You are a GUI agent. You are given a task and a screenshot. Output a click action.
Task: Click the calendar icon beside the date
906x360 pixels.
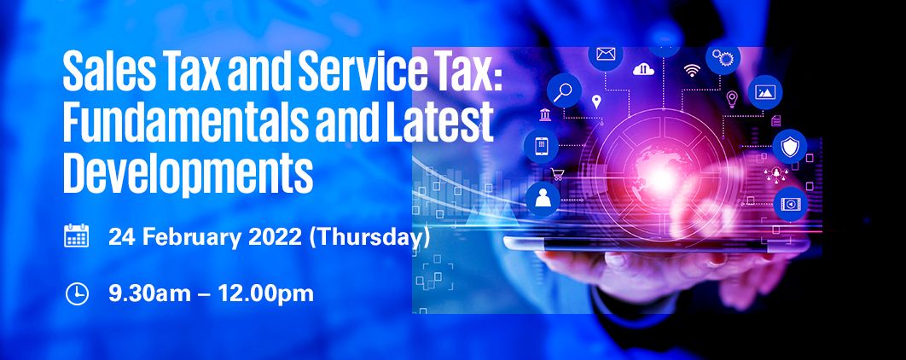pyautogui.click(x=76, y=235)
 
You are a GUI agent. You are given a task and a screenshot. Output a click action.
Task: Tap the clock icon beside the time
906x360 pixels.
pyautogui.click(x=77, y=293)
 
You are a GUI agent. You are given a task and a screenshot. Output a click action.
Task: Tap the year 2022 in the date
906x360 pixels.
pyautogui.click(x=275, y=236)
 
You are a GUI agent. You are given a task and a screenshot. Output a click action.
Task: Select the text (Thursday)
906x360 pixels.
pyautogui.click(x=369, y=237)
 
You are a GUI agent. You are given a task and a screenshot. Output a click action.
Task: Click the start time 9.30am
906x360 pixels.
pyautogui.click(x=149, y=293)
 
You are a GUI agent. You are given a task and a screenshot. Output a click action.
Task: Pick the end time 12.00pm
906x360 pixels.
pyautogui.click(x=265, y=293)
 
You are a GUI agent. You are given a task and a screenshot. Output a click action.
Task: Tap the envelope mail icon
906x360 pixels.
pyautogui.click(x=606, y=55)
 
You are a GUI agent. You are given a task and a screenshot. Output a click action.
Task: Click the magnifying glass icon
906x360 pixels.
pyautogui.click(x=563, y=90)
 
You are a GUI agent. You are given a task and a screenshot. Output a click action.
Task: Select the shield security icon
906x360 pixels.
pyautogui.click(x=790, y=146)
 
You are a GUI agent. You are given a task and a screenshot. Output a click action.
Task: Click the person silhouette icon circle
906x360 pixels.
pyautogui.click(x=543, y=199)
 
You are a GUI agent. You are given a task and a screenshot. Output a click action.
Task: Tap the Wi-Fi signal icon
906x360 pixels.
pyautogui.click(x=692, y=71)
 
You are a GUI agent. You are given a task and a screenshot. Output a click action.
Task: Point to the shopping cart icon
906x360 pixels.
pyautogui.click(x=557, y=174)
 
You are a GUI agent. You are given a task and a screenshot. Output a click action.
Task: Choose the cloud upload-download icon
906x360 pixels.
pyautogui.click(x=643, y=70)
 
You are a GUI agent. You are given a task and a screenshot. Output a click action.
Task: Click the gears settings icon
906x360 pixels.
pyautogui.click(x=723, y=57)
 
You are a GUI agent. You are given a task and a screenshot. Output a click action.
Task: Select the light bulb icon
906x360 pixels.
pyautogui.click(x=732, y=100)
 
